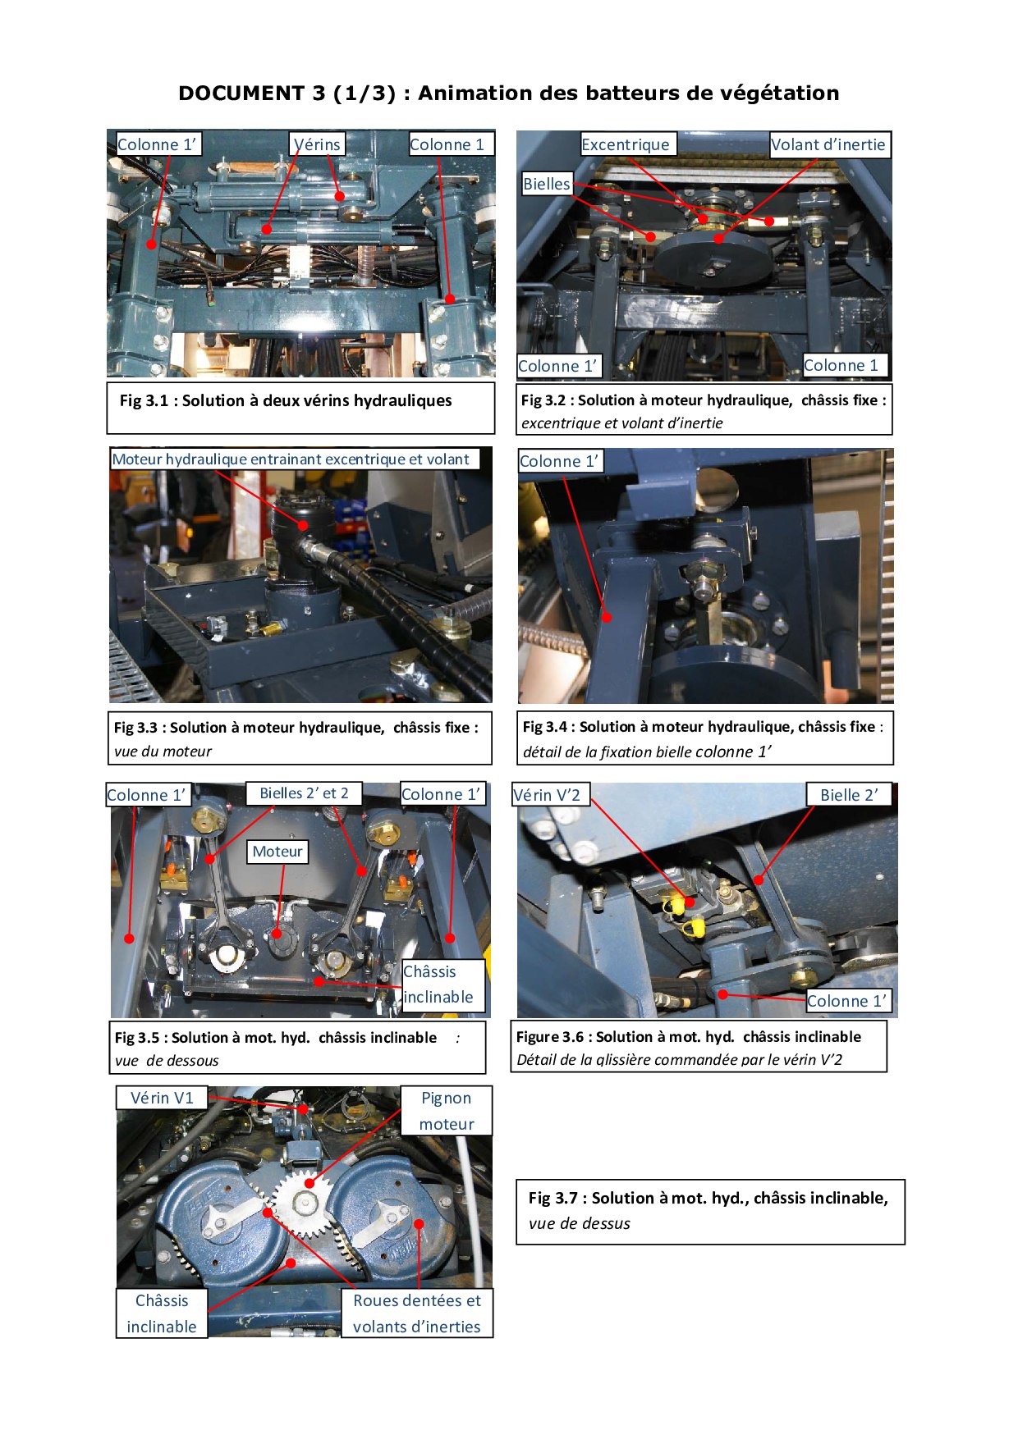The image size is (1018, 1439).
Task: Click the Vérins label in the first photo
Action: click(x=317, y=144)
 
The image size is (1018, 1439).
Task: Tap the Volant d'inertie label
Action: click(x=830, y=144)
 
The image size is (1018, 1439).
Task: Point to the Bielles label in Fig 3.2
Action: click(x=547, y=184)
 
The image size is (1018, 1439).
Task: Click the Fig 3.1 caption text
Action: click(x=286, y=400)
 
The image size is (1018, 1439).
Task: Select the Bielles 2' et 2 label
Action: click(x=304, y=793)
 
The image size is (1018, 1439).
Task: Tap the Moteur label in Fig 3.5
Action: click(x=277, y=852)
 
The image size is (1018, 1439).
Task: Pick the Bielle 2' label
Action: click(x=849, y=794)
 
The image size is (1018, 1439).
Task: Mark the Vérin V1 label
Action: click(x=162, y=1098)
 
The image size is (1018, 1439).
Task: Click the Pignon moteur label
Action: click(x=447, y=1111)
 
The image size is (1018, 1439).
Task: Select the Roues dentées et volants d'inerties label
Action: click(x=417, y=1313)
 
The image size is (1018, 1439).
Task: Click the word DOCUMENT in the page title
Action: click(x=241, y=94)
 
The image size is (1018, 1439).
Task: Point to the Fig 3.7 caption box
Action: click(x=710, y=1212)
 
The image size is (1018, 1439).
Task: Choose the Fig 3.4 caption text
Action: click(x=703, y=738)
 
